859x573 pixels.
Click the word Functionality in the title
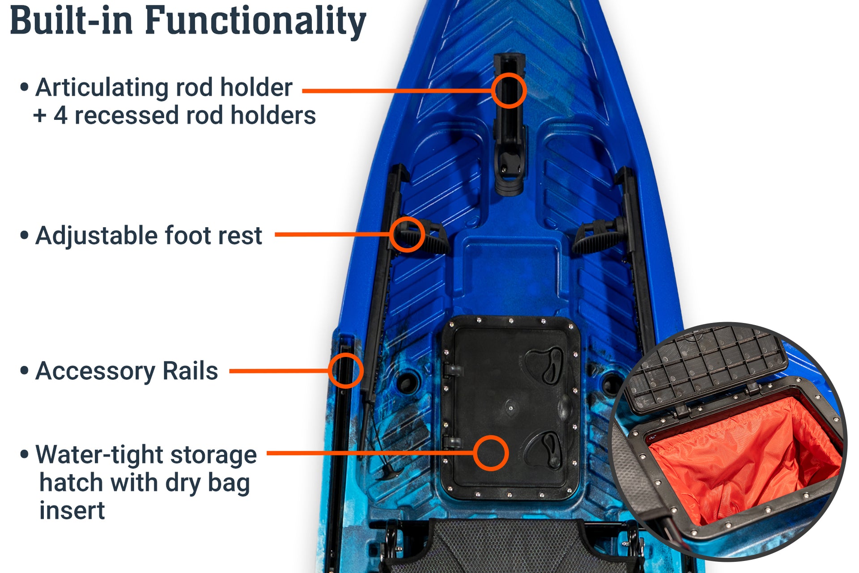pos(255,21)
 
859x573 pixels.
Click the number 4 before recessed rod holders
pos(60,115)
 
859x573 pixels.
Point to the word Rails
pos(190,371)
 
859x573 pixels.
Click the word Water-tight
pos(99,454)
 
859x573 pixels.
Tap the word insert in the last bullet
pos(72,510)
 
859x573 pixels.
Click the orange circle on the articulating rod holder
pos(509,90)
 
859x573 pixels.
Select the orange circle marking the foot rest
pos(407,234)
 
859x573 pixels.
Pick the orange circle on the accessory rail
pos(345,370)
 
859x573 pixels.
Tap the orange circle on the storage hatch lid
pos(491,453)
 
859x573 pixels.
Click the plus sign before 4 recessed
pos(40,116)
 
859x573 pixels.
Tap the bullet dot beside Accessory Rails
pos(25,371)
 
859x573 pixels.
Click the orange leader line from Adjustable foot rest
pos(331,234)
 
